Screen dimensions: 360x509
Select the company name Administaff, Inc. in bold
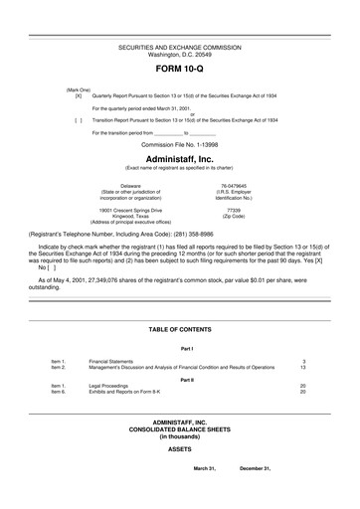179,158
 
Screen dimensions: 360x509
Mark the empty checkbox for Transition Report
78,118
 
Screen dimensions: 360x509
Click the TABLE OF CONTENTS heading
179,329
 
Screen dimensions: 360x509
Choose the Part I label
186,349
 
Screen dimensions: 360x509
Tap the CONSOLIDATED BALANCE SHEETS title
179,429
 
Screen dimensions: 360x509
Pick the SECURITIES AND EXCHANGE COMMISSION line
179,48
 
